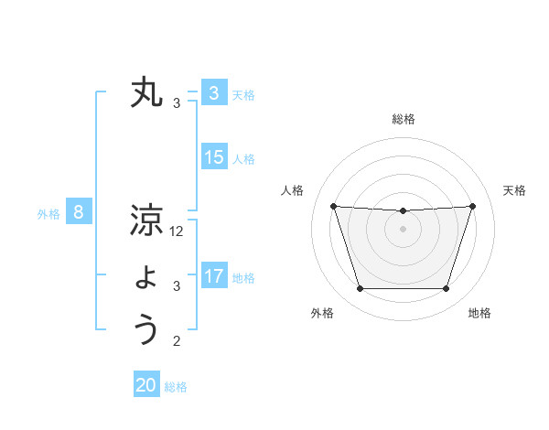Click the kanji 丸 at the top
[x=146, y=93]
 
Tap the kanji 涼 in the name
[x=146, y=220]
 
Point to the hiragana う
[x=146, y=329]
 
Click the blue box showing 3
[x=213, y=92]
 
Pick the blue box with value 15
[x=213, y=157]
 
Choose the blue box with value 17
[x=213, y=276]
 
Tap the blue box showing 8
[x=79, y=213]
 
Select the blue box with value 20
[x=146, y=385]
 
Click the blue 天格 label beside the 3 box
[x=243, y=94]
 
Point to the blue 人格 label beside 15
[x=243, y=159]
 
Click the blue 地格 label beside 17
[x=243, y=278]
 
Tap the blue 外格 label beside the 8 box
[x=48, y=215]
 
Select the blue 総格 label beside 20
[x=176, y=387]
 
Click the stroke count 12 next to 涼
[x=177, y=232]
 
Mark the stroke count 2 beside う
[x=177, y=342]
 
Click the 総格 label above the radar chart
[x=404, y=119]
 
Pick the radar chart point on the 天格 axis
[x=472, y=206]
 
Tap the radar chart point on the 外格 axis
[x=360, y=289]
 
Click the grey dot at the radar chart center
[x=404, y=228]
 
